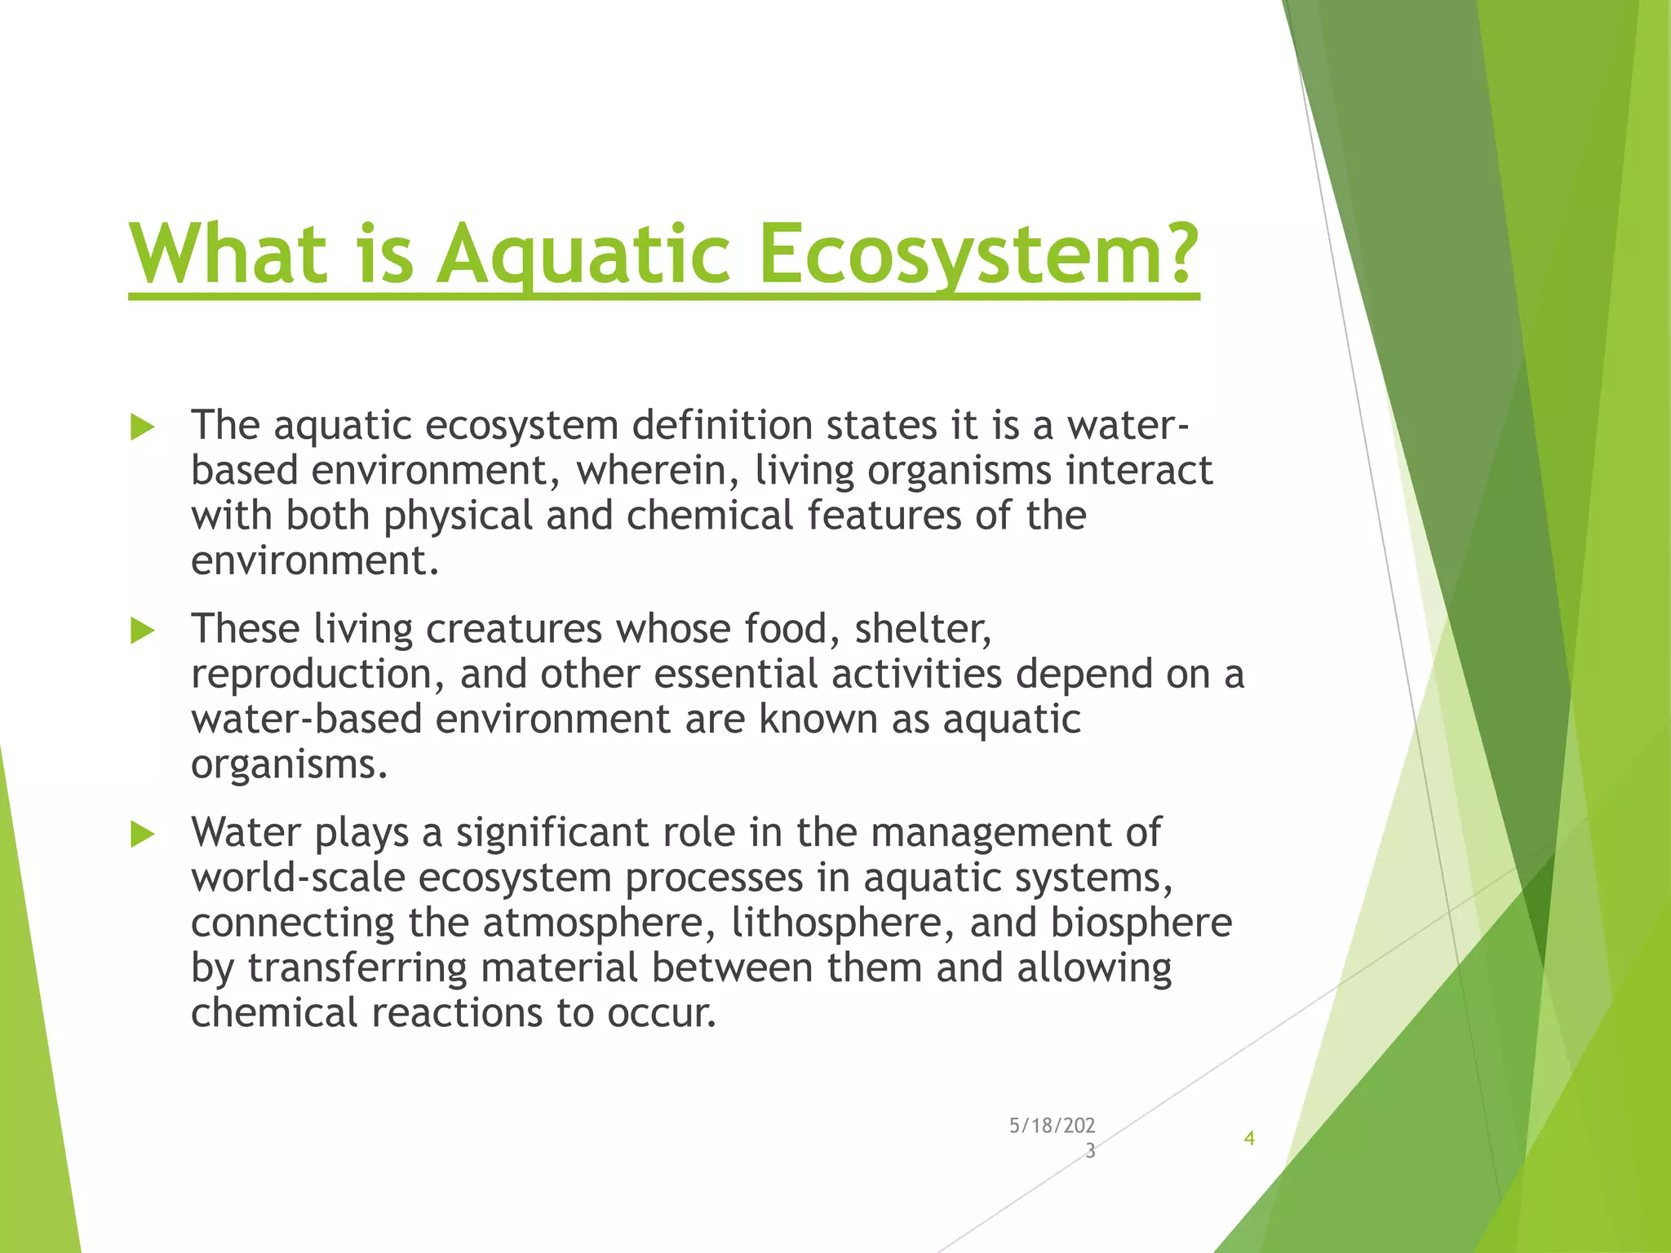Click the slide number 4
(x=1248, y=1138)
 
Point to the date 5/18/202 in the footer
(x=1052, y=1126)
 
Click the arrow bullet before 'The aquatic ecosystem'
(x=142, y=427)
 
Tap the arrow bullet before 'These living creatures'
(x=142, y=631)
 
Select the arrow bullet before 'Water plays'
(x=142, y=834)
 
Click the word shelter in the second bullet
(x=923, y=629)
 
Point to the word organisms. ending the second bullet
(x=289, y=764)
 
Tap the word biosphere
(x=1141, y=923)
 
